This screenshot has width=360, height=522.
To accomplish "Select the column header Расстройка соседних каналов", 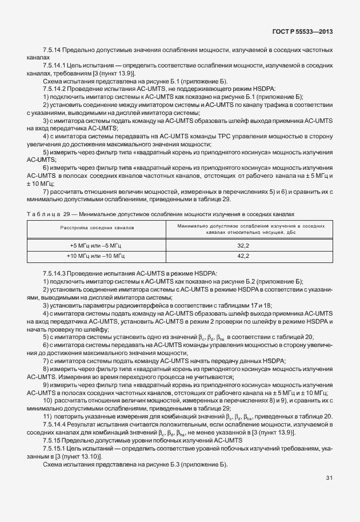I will tap(97, 228).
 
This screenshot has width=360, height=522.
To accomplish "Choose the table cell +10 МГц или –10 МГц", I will tap(97, 256).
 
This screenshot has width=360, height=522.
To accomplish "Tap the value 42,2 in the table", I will tap(243, 256).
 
